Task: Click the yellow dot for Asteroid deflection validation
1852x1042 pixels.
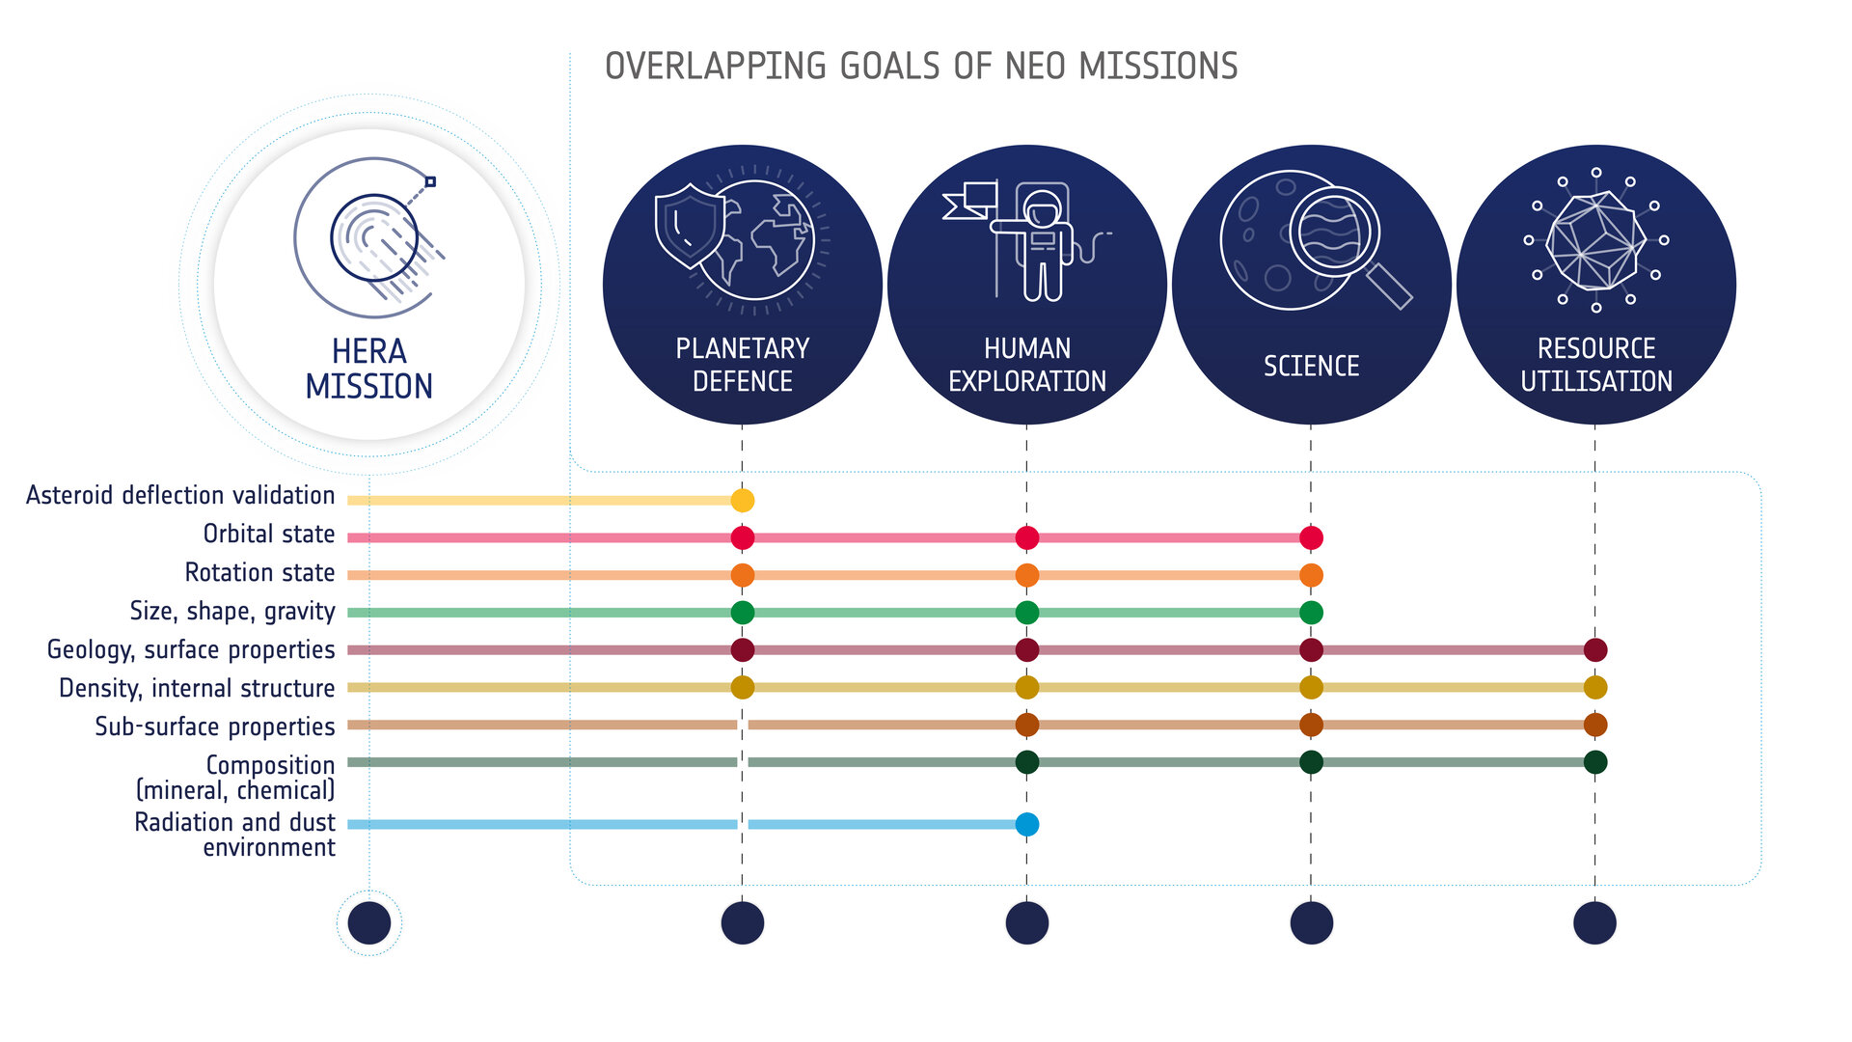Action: [x=742, y=500]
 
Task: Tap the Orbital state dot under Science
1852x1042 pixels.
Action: [x=1311, y=537]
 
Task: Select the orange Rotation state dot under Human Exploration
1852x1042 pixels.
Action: [x=1027, y=575]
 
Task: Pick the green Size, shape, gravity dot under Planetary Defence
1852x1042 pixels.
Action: [x=742, y=613]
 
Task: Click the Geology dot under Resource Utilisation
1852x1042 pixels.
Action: [x=1595, y=650]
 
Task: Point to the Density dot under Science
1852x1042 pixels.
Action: [x=1311, y=688]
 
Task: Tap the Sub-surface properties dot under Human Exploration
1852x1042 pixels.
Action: [x=1027, y=725]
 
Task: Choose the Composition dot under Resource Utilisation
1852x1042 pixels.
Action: [x=1595, y=762]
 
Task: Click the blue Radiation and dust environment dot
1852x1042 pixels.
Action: [x=1027, y=824]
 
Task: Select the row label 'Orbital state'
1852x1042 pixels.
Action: [x=268, y=535]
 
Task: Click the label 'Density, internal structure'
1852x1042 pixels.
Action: [x=197, y=688]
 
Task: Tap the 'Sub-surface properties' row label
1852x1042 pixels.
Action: [x=214, y=727]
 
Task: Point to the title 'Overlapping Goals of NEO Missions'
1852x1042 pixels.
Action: [x=920, y=67]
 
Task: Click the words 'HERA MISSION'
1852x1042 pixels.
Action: [x=368, y=369]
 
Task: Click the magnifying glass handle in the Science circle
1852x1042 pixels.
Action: [x=1389, y=286]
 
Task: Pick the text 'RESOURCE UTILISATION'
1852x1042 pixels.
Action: [x=1595, y=365]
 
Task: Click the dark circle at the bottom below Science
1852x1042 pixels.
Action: [x=1311, y=923]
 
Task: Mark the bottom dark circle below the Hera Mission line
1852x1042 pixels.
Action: [x=368, y=923]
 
